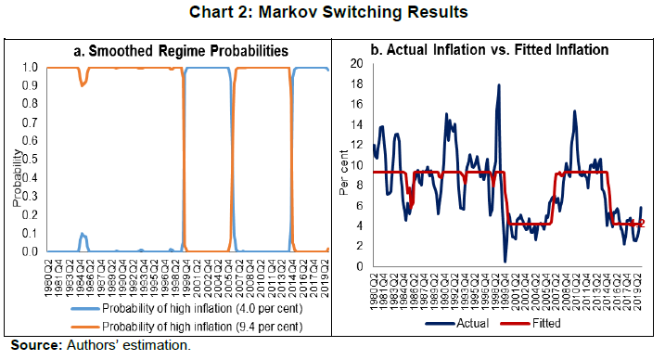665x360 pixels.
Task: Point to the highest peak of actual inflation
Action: pyautogui.click(x=500, y=85)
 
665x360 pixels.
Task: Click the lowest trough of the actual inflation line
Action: pyautogui.click(x=505, y=261)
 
